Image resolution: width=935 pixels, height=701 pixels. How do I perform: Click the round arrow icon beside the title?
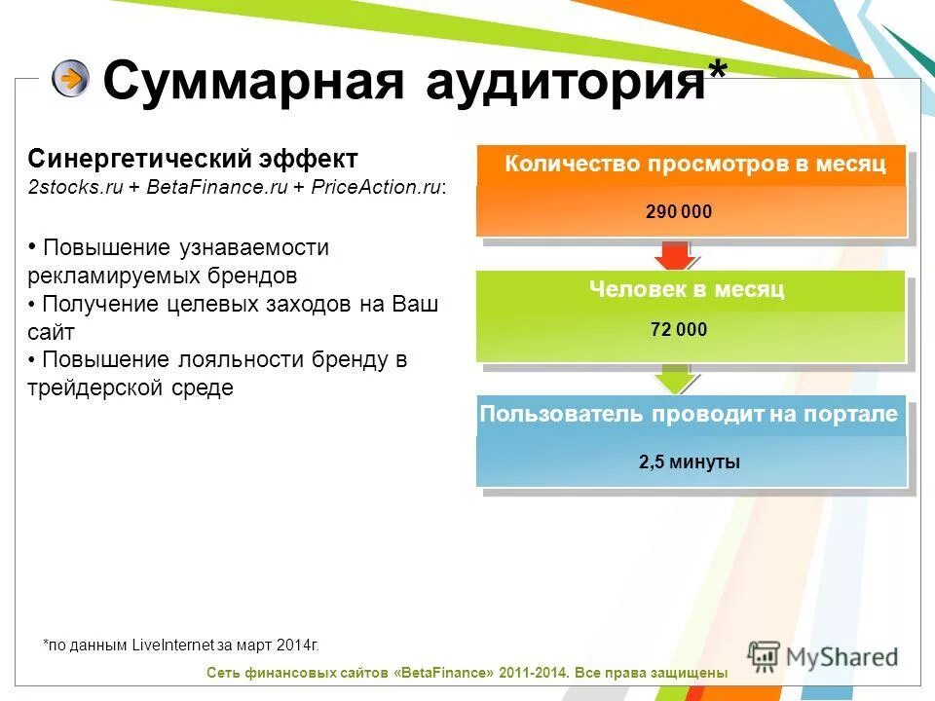point(70,78)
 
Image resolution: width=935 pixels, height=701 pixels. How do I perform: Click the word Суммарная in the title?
point(253,81)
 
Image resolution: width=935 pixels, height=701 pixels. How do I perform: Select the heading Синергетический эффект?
point(193,159)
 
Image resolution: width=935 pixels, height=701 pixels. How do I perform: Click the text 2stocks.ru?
point(76,188)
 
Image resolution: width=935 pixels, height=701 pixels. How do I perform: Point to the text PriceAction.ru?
point(377,188)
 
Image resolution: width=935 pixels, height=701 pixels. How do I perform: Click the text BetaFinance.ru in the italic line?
point(217,188)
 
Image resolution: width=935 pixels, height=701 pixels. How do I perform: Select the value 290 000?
point(679,211)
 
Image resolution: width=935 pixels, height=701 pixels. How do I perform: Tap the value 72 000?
point(679,330)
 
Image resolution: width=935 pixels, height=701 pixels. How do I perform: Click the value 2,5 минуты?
point(690,462)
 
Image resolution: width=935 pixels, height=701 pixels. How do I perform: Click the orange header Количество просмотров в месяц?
point(694,165)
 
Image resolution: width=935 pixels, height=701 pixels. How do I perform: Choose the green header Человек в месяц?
point(687,290)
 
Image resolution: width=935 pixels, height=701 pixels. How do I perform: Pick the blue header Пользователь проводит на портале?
point(689,415)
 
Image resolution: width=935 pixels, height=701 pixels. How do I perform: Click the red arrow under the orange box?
point(673,256)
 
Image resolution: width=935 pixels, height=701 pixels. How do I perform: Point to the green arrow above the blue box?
point(673,379)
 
